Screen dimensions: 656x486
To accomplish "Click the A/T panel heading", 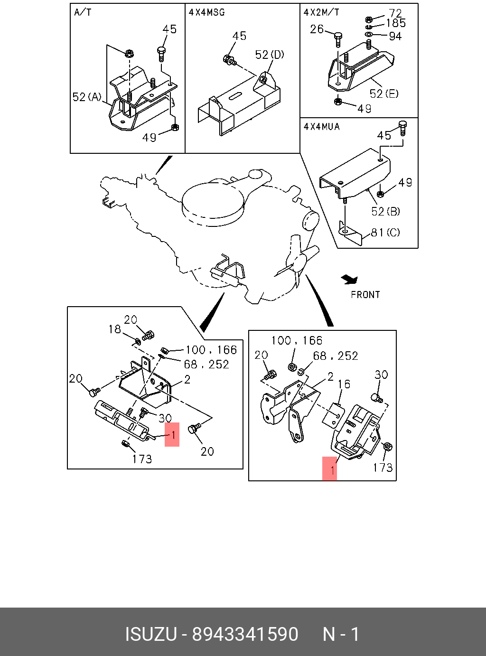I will pos(83,12).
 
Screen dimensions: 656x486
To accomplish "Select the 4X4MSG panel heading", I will pos(206,12).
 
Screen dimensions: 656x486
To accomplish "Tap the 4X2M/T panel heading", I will pos(321,12).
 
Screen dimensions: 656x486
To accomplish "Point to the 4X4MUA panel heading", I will pos(322,127).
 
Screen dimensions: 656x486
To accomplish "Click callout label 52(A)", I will pos(87,97).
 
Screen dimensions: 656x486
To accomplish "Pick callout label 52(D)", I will pos(270,55).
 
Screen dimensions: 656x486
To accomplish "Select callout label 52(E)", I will pos(384,94).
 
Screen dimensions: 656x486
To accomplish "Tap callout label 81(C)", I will pos(385,233).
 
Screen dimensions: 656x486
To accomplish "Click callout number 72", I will pos(395,13).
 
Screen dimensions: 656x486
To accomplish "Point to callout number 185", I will pos(396,23).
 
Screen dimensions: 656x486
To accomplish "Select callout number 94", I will pos(395,36).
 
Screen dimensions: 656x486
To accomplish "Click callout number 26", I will pos(317,29).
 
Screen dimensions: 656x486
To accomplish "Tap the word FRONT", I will pos(365,295).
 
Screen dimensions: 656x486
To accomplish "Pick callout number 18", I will pos(115,329).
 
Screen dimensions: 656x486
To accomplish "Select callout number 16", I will pos(344,384).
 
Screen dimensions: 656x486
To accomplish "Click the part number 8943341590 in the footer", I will pos(245,634).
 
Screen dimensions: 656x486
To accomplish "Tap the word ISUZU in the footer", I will pos(150,634).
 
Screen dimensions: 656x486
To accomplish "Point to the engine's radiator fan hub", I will pos(297,261).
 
